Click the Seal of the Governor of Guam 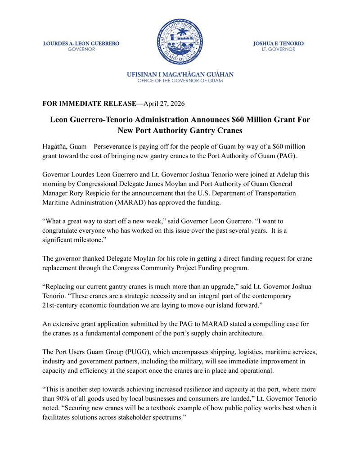[180, 41]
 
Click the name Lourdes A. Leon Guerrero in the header [81, 44]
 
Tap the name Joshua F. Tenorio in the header [279, 44]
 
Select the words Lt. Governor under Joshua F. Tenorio [279, 50]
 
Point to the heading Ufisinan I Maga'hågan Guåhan [180, 74]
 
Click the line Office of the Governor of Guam [180, 81]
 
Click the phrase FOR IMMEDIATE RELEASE [89, 104]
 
